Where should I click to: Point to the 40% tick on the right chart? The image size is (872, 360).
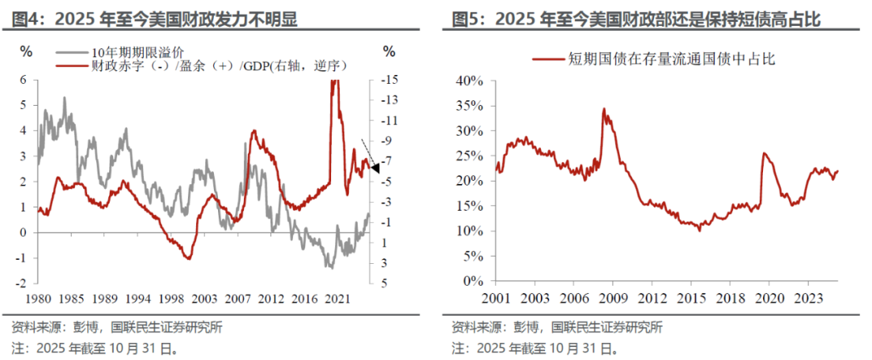click(469, 81)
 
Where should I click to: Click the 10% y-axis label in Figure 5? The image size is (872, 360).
click(469, 232)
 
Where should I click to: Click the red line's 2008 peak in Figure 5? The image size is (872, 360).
click(603, 109)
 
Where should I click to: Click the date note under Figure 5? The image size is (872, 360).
click(535, 349)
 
